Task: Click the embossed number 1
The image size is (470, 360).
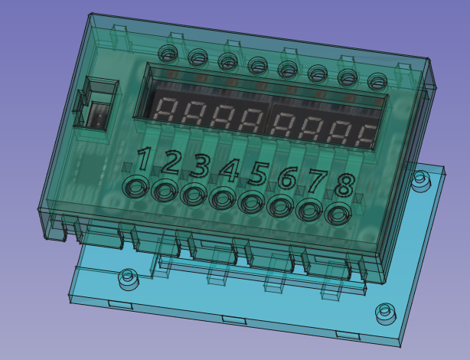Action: pos(144,159)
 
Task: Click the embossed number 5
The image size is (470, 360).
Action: pos(257,174)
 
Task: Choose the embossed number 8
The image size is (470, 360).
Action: pos(345,186)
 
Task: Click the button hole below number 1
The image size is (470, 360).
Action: pos(137,187)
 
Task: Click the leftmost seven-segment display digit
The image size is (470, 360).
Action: pos(168,112)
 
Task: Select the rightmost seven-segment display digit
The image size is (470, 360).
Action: pos(366,136)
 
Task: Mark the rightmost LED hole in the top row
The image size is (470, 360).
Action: pos(377,80)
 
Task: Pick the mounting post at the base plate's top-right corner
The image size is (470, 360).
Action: pos(419,181)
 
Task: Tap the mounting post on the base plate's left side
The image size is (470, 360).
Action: pos(128,279)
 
